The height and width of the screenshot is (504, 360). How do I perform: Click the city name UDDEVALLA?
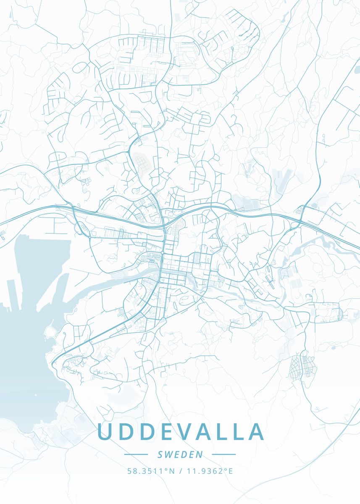[x=181, y=432]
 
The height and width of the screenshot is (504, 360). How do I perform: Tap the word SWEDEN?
[x=180, y=454]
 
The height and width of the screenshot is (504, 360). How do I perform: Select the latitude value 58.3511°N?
[x=151, y=471]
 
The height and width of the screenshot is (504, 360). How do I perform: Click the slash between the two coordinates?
[x=180, y=471]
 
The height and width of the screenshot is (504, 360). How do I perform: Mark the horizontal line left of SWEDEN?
[x=136, y=454]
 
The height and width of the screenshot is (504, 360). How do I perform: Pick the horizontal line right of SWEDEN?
[x=223, y=454]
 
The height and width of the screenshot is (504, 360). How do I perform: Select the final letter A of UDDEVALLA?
[x=256, y=432]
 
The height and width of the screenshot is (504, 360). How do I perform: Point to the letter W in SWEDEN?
[x=170, y=454]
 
